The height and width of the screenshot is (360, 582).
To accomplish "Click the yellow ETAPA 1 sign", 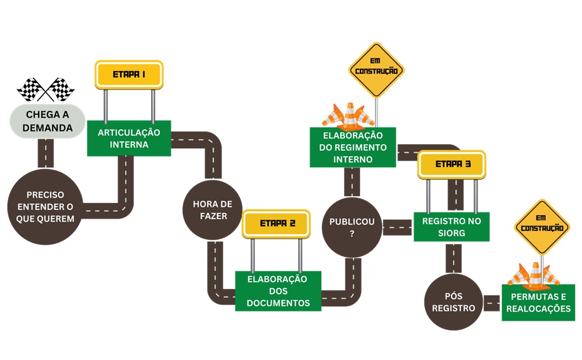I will tap(129, 74).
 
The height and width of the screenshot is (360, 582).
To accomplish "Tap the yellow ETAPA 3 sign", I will tap(452, 164).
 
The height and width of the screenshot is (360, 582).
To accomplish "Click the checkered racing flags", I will tap(46, 89).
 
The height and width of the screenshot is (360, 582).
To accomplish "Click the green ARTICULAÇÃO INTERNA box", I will tap(129, 138).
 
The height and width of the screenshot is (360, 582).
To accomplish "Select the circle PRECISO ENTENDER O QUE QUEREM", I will tap(45, 207).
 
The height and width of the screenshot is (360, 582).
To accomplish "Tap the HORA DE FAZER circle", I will tap(212, 210).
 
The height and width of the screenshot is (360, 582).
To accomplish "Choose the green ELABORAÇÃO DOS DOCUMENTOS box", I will tap(278, 291).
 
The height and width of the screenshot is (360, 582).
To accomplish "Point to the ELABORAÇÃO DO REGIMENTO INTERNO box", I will tap(352, 148).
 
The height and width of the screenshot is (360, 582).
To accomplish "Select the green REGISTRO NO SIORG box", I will tap(451, 227).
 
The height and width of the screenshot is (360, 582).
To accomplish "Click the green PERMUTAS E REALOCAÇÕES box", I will tap(538, 302).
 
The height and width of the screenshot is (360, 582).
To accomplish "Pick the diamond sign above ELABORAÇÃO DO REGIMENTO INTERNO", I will tap(376, 70).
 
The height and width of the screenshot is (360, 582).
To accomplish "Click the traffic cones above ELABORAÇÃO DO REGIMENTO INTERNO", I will tap(348, 116).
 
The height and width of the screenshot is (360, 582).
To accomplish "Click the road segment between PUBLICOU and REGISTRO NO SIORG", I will tap(397, 227).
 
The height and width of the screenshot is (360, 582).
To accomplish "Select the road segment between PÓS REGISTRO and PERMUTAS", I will tap(491, 302).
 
